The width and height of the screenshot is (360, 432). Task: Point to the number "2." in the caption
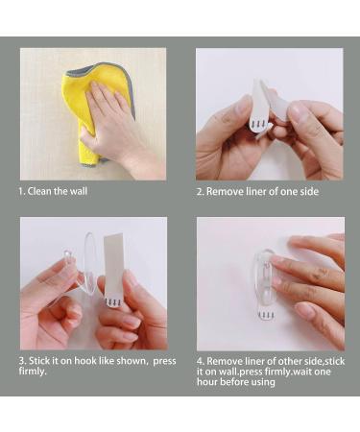[201, 191]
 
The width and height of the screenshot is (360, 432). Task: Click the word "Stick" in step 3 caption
[41, 361]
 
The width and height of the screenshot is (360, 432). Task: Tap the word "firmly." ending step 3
[34, 372]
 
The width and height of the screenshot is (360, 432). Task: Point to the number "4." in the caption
[201, 361]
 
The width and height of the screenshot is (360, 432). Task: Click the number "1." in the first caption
[22, 191]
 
